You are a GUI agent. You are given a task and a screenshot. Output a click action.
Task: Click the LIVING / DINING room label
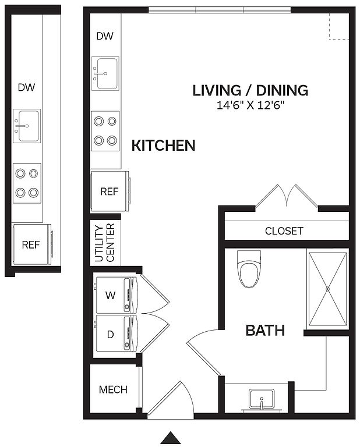click(x=250, y=90)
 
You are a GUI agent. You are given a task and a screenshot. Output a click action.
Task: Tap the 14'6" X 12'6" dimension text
click(x=250, y=105)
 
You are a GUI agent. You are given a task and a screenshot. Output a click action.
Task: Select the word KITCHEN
click(x=163, y=146)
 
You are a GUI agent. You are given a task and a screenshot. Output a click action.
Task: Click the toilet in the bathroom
click(x=249, y=269)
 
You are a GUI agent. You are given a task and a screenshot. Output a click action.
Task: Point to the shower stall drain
click(x=328, y=289)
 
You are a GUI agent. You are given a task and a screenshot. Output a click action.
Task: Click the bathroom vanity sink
click(x=262, y=400)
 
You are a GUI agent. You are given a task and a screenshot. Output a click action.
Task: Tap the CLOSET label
click(x=284, y=231)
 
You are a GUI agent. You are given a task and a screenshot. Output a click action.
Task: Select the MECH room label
click(x=113, y=389)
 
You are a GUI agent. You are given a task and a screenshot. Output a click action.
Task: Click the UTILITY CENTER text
click(x=104, y=243)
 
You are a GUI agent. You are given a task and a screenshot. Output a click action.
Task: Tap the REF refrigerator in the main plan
click(x=110, y=191)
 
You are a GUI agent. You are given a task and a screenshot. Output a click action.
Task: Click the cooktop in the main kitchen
click(x=105, y=131)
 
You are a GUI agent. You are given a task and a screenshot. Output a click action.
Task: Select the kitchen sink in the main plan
click(x=105, y=73)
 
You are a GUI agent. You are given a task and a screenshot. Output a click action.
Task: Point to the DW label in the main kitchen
click(x=105, y=36)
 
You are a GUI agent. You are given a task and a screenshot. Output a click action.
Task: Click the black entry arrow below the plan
click(x=171, y=438)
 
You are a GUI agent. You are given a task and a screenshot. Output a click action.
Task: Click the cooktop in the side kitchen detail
click(x=27, y=183)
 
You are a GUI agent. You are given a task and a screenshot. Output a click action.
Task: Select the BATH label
click(x=265, y=331)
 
